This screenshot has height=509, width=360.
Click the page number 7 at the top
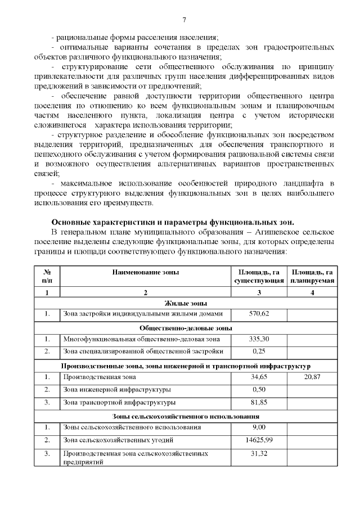point(184,21)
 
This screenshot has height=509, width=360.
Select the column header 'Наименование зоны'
point(145,272)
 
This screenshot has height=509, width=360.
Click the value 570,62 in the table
point(259,313)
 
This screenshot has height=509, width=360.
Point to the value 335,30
point(259,339)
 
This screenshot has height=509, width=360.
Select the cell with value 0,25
point(259,351)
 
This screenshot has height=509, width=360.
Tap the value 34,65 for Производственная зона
point(259,377)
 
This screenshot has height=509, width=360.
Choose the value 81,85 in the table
point(259,402)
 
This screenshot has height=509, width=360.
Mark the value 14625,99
point(259,440)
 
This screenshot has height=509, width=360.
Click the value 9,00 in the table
point(259,427)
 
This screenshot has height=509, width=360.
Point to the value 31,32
point(259,453)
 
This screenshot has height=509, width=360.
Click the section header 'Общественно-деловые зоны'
point(186,328)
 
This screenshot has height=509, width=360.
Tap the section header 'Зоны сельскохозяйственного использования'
point(186,416)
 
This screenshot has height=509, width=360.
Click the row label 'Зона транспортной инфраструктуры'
point(119,402)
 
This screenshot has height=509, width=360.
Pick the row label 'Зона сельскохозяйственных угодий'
point(118,440)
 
